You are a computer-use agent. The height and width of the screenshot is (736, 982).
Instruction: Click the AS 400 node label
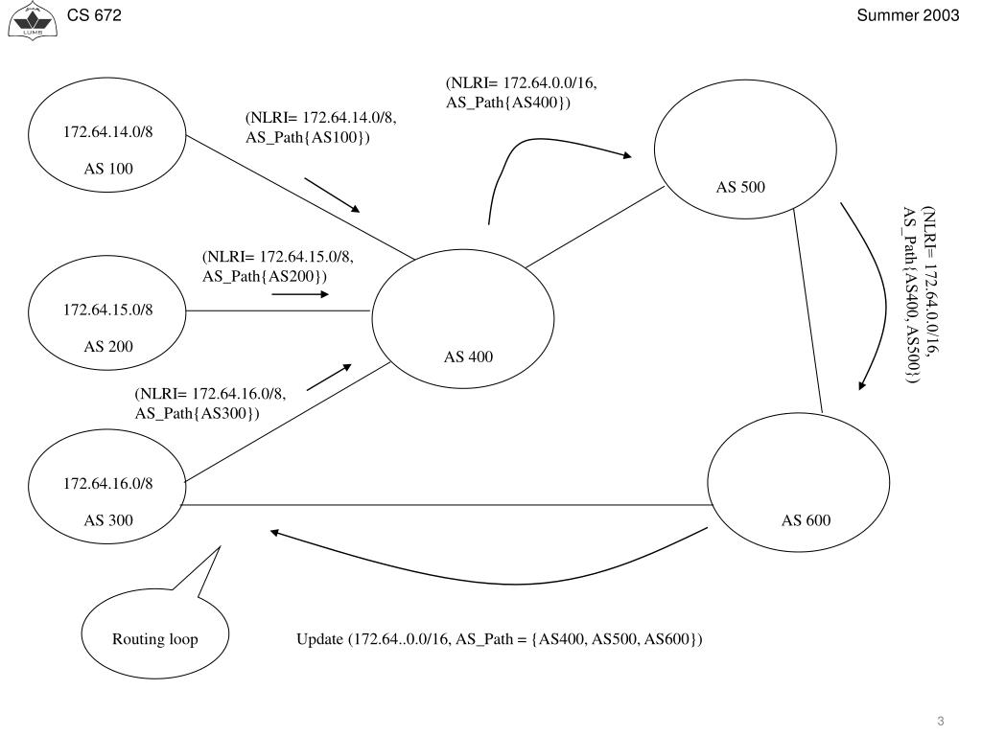468,357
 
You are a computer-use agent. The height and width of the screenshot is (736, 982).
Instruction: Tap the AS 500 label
740,187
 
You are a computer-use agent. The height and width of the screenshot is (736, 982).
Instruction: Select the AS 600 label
806,520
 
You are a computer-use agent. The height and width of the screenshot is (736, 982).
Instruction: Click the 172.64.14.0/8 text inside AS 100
108,131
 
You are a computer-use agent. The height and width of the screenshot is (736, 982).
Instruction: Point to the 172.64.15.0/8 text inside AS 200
108,310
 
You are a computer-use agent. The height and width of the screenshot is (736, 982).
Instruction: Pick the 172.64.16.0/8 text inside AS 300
108,483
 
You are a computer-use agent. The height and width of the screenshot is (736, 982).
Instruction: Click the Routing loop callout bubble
154,639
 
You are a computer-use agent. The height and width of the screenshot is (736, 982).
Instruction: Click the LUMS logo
26,20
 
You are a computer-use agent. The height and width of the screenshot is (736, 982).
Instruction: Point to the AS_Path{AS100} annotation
308,138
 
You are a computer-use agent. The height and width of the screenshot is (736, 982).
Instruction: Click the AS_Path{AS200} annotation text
265,276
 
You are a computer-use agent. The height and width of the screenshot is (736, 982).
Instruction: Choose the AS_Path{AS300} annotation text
198,412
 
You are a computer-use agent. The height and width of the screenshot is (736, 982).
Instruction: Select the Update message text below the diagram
500,639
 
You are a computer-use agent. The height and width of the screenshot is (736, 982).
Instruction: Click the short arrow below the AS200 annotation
299,294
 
